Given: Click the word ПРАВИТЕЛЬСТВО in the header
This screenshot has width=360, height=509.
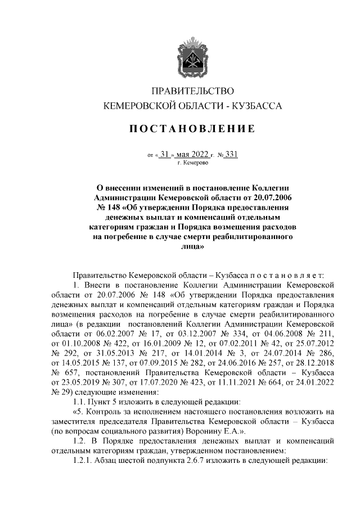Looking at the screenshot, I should (192, 91).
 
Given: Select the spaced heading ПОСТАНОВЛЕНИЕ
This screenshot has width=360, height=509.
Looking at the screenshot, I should (193, 129).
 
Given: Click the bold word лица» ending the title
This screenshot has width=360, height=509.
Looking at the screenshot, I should (192, 246).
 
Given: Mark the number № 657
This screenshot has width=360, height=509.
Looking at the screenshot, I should (61, 372).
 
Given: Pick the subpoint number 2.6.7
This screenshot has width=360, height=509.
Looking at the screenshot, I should (189, 460).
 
